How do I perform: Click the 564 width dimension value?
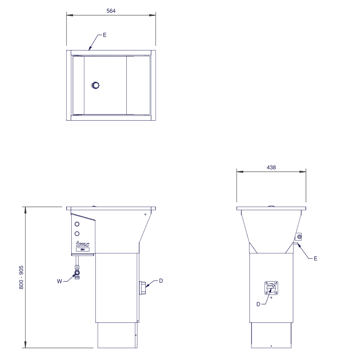tap(111, 11)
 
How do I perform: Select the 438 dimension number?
tap(271, 167)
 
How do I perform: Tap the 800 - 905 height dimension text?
tap(21, 277)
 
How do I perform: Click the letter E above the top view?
tap(105, 35)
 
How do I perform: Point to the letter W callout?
tap(59, 281)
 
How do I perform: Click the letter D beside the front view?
tap(161, 280)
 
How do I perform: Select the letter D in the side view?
tap(258, 304)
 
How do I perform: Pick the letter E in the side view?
tap(315, 258)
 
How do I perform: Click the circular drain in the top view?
tap(95, 85)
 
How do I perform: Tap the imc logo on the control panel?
tap(82, 244)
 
